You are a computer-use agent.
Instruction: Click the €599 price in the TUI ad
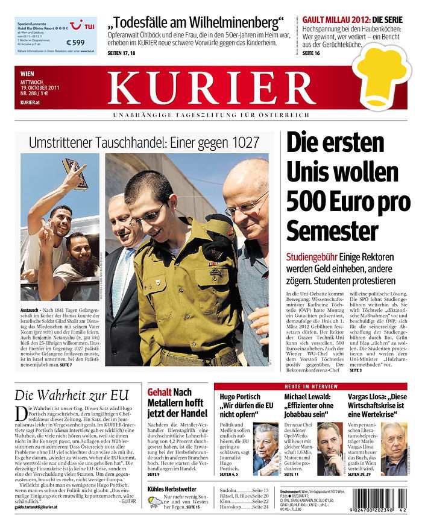pos(75,42)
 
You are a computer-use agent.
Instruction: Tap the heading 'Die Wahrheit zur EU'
pos(72,396)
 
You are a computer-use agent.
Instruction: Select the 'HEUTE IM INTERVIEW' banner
pos(310,386)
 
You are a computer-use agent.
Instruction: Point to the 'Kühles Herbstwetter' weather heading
pos(172,488)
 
